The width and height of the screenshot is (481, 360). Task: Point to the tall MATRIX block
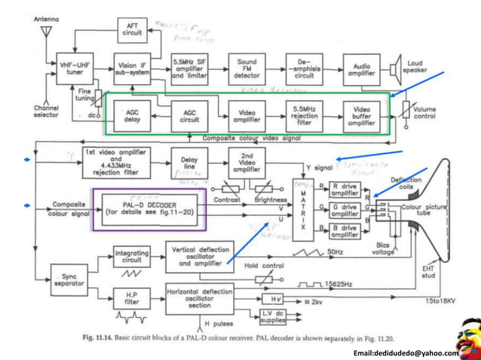302,204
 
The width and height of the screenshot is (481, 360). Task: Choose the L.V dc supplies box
275,316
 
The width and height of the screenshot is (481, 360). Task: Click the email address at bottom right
405,352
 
